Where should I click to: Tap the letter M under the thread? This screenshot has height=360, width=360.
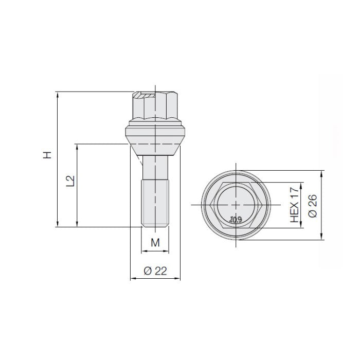(154, 242)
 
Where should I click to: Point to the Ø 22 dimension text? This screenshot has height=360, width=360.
(155, 272)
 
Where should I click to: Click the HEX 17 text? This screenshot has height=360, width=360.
(294, 205)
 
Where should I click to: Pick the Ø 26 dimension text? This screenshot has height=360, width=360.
(313, 205)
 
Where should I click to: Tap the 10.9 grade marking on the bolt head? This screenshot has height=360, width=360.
(236, 220)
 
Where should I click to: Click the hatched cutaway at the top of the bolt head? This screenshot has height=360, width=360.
(146, 96)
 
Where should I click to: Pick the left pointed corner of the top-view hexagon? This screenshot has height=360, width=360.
(211, 205)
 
